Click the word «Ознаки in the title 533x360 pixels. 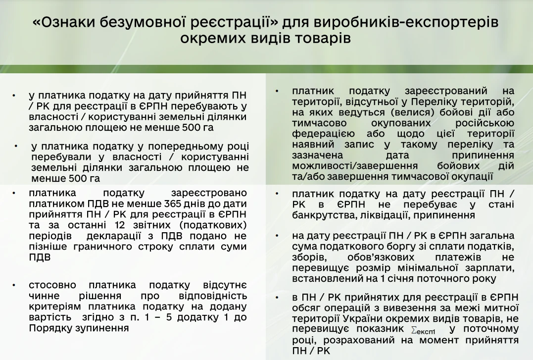[65, 22]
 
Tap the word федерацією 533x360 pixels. [323, 134]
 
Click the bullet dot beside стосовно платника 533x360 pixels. [14, 285]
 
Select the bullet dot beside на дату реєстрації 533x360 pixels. [277, 236]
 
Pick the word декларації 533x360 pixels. [114, 236]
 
